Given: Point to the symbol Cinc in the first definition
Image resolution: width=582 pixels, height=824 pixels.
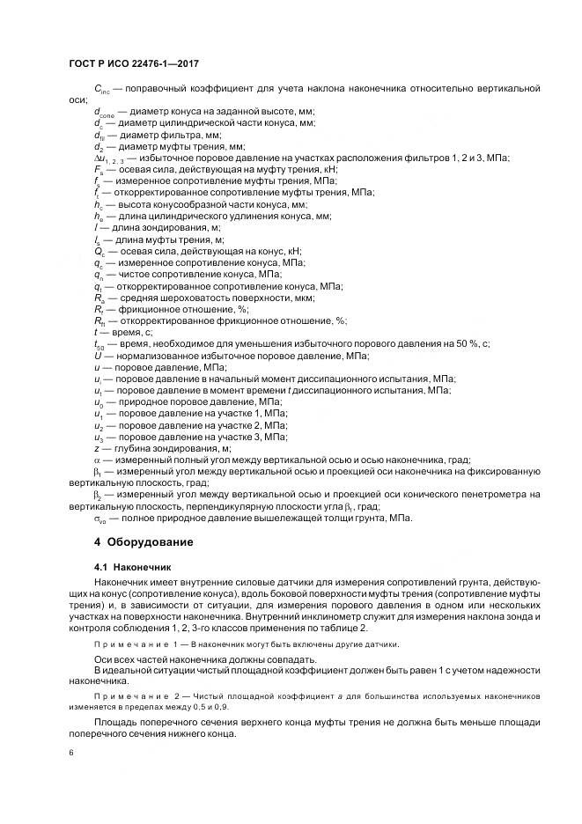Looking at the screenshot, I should [101, 91].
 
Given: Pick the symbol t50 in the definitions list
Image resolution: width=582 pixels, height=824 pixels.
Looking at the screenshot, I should [99, 344].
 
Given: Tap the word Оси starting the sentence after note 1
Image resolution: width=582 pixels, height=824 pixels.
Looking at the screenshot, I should [104, 658].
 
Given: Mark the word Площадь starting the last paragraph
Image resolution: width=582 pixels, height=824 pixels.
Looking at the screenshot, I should [116, 722].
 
